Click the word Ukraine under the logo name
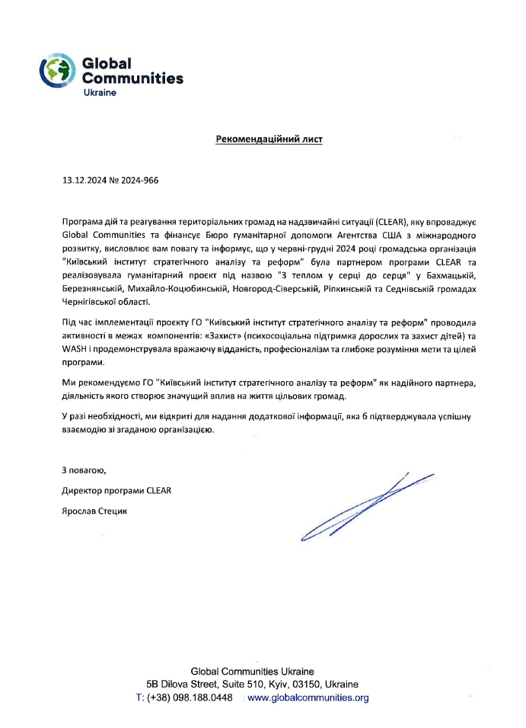[x=99, y=91]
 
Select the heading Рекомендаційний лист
[x=269, y=140]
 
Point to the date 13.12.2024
[x=84, y=181]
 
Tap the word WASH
[x=74, y=349]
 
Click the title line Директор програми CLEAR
[x=116, y=490]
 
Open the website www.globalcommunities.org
[x=308, y=698]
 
